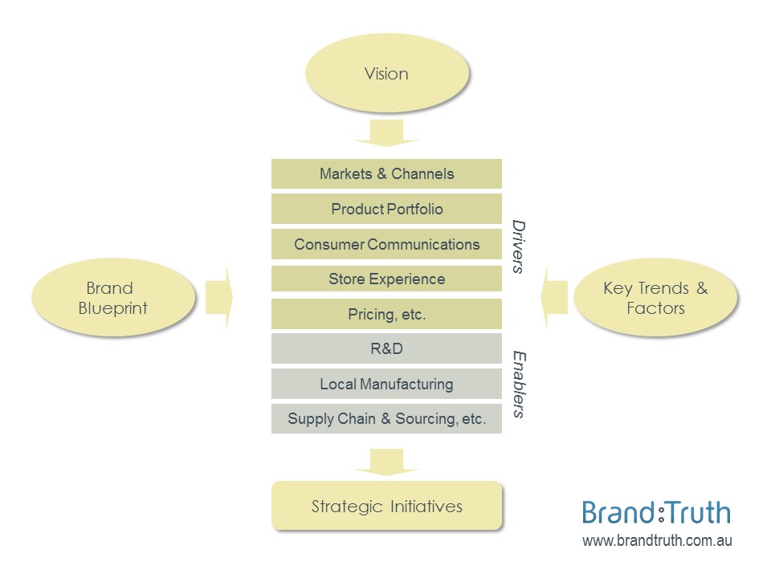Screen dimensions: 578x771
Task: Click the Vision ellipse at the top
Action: (386, 74)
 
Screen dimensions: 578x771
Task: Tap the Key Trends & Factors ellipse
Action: (655, 298)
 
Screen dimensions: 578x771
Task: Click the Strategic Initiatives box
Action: (386, 507)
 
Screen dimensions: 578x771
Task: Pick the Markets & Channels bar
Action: (386, 174)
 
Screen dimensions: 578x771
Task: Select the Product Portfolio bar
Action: (386, 210)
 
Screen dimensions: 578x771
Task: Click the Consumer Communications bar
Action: (386, 245)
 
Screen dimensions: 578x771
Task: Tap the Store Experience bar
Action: (386, 279)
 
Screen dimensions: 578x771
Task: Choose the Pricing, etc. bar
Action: (386, 315)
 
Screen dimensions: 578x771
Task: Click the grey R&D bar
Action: (386, 349)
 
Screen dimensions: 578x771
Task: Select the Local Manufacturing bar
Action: (386, 385)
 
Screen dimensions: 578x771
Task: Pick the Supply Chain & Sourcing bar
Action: (386, 419)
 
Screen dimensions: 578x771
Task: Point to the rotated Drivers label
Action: (519, 246)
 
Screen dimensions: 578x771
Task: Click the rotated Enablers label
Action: (519, 384)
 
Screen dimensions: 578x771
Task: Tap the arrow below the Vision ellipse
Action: (386, 133)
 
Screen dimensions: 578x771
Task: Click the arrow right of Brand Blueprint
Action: (218, 298)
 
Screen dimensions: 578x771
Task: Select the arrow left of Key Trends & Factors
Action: (556, 298)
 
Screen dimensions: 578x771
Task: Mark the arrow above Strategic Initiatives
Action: (386, 461)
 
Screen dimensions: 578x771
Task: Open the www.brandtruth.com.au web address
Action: (656, 542)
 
